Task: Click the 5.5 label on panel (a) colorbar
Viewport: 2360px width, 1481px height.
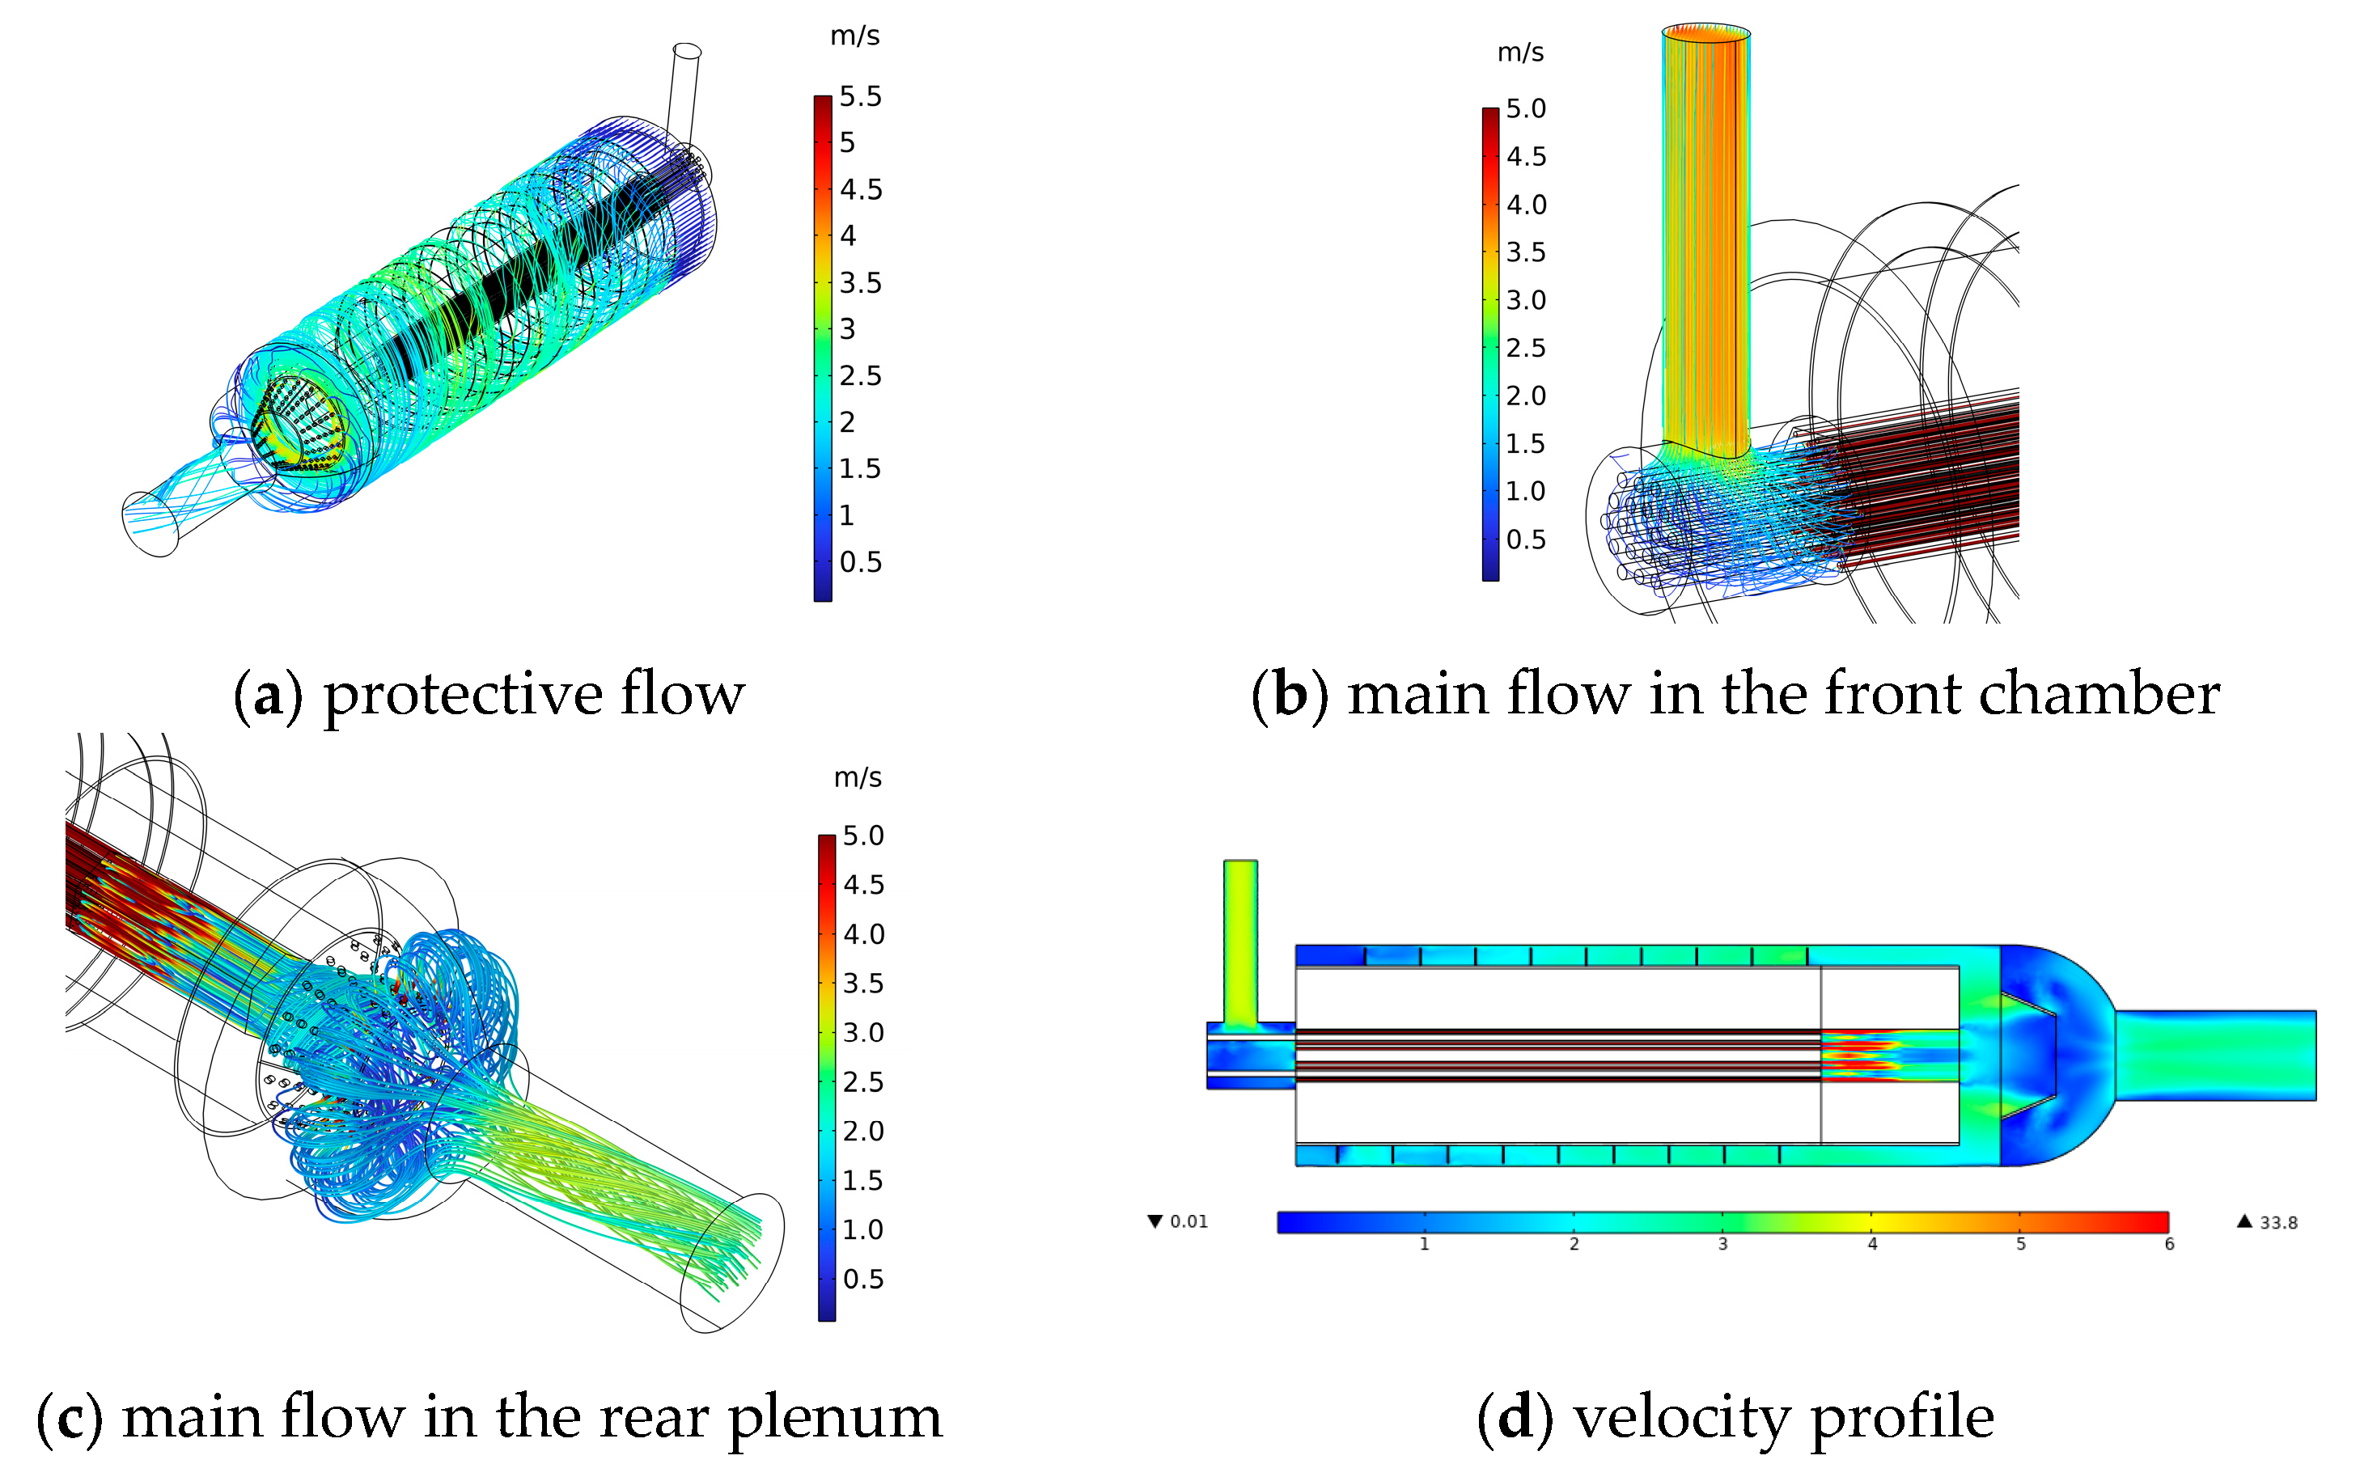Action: pyautogui.click(x=859, y=96)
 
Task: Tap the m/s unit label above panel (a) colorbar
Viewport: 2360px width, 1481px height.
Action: pyautogui.click(x=854, y=36)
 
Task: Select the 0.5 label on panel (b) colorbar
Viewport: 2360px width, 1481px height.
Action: pyautogui.click(x=1525, y=540)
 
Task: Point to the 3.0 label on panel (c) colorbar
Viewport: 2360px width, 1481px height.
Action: pyautogui.click(x=863, y=1032)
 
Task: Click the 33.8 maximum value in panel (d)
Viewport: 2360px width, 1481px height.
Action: pyautogui.click(x=2277, y=1222)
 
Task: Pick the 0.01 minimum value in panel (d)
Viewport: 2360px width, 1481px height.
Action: pyautogui.click(x=1188, y=1221)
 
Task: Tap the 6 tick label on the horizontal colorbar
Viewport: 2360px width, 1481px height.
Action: pyautogui.click(x=2169, y=1244)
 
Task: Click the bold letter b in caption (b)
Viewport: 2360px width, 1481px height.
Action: pyautogui.click(x=1290, y=695)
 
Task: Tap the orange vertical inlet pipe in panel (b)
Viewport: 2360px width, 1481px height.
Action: pyautogui.click(x=1705, y=245)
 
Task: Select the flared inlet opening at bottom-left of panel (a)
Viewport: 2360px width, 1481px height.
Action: pyautogui.click(x=149, y=525)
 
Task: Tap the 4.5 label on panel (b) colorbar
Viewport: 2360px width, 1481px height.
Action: pyautogui.click(x=1525, y=157)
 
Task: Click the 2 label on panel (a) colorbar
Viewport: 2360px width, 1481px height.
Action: pyautogui.click(x=846, y=422)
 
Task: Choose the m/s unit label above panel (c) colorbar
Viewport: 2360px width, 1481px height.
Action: pyautogui.click(x=858, y=778)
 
